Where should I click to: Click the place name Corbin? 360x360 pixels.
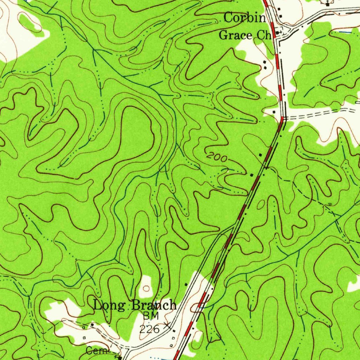(245, 18)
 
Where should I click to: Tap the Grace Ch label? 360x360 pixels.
(245, 35)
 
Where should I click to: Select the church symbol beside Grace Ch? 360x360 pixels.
(277, 32)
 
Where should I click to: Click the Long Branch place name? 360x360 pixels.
(135, 305)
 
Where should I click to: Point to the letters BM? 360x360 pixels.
(151, 316)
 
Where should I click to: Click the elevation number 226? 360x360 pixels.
(149, 329)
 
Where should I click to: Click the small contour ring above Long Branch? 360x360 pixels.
(146, 289)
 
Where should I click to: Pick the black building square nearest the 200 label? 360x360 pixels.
(260, 155)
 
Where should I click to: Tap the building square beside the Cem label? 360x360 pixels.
(120, 358)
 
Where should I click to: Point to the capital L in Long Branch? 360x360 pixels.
(98, 305)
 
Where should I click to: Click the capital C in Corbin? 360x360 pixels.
(229, 18)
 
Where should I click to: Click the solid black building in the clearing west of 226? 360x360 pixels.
(92, 325)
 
